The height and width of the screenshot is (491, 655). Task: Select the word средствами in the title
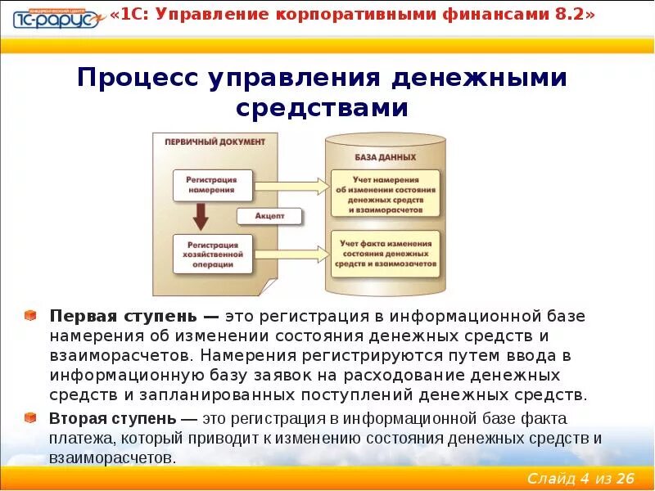click(322, 108)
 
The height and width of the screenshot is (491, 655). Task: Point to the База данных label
click(385, 156)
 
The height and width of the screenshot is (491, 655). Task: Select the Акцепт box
click(269, 217)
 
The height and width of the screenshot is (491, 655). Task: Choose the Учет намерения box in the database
click(385, 194)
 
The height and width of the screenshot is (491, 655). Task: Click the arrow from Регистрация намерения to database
click(281, 184)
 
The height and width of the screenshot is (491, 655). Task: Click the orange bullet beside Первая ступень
click(30, 315)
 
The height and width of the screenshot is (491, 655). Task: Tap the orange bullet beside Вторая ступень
click(30, 418)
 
